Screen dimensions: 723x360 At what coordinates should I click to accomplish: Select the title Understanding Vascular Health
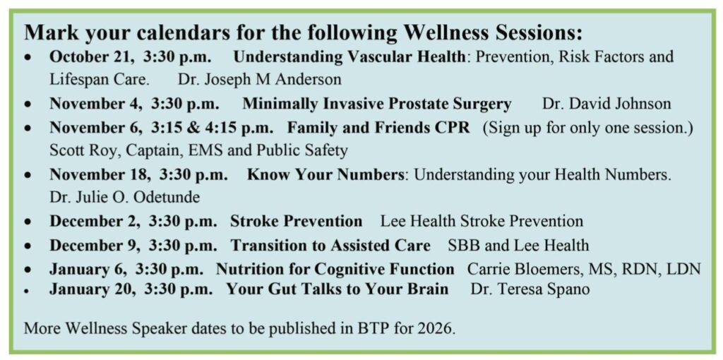[x=349, y=57]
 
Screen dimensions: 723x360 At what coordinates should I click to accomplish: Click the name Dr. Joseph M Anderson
[x=260, y=80]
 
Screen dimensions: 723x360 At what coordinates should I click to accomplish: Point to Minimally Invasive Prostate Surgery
[x=377, y=104]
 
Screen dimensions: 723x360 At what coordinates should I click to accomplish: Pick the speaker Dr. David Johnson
[x=607, y=104]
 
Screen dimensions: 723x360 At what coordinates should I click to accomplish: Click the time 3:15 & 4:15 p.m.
[x=211, y=128]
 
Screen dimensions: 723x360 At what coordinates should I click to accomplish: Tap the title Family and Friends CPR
[x=378, y=128]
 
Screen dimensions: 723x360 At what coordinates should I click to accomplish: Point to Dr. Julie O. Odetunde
[x=124, y=198]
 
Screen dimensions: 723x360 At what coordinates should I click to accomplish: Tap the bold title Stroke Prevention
[x=296, y=221]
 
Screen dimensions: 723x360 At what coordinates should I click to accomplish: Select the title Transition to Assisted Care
[x=330, y=245]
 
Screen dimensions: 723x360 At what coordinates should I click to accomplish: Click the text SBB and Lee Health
[x=518, y=245]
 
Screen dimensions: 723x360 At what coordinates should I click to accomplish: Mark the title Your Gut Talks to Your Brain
[x=337, y=289]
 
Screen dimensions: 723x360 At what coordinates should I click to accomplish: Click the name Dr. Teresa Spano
[x=530, y=290]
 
